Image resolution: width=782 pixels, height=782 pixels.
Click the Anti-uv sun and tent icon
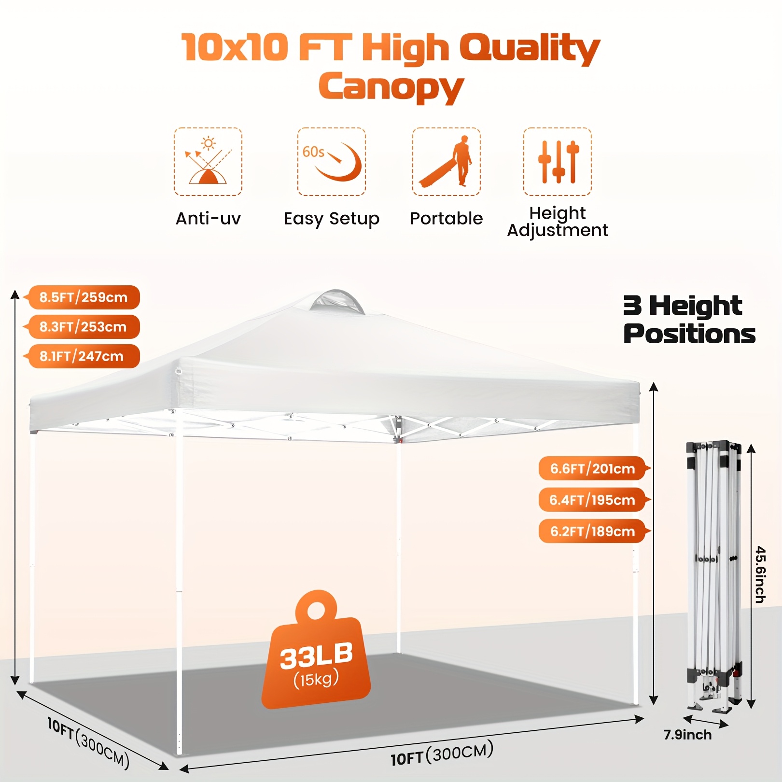[x=208, y=162]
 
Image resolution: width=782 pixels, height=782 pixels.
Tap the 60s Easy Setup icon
[x=332, y=162]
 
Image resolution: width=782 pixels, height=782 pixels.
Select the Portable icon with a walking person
[x=447, y=162]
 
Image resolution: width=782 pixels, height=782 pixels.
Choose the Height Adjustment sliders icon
[x=558, y=162]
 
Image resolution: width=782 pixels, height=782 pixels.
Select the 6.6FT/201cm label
[x=594, y=468]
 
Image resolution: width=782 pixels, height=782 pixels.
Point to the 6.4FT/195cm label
[x=594, y=500]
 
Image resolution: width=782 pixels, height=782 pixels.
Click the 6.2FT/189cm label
[x=594, y=531]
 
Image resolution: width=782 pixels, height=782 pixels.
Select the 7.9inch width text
[x=687, y=735]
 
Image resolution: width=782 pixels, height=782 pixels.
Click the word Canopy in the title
[x=391, y=87]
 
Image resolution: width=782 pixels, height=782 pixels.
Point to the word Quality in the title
[x=530, y=48]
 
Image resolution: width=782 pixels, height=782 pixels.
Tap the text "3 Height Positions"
[x=689, y=320]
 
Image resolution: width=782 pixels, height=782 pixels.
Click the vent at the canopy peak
[x=337, y=302]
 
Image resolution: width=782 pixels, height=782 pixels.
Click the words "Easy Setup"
[x=332, y=219]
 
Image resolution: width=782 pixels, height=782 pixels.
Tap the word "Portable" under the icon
[x=447, y=218]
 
